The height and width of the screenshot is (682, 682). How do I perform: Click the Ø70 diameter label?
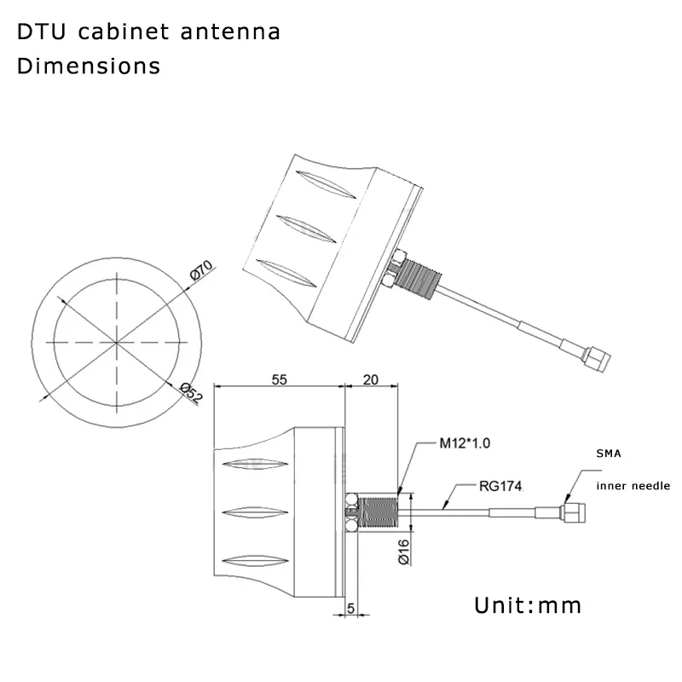pos(201,269)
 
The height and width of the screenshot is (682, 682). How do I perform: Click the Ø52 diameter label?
pos(191,392)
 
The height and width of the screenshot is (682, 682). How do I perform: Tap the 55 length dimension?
pos(280,379)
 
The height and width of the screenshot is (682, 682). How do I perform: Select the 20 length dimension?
pos(371,379)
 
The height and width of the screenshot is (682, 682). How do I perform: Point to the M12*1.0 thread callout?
pos(465,443)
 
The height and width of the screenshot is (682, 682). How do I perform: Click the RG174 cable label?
pos(500,486)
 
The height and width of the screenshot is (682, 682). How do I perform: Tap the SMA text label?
pos(609,454)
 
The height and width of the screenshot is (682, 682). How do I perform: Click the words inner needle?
pos(633,486)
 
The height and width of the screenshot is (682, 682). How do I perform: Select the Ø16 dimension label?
pos(404,552)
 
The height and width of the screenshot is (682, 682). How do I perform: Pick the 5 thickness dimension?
pos(351,609)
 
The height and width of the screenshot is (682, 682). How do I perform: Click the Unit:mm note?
pos(528,605)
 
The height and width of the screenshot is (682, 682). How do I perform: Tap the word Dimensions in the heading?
pos(89,66)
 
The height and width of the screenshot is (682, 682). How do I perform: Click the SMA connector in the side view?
pos(573,513)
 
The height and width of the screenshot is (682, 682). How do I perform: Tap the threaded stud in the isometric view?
pos(420,277)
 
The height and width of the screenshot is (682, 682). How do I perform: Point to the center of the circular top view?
pos(117,343)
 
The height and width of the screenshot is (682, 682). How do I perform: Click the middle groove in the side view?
pos(255,512)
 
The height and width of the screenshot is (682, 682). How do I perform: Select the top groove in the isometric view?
pos(326,184)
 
